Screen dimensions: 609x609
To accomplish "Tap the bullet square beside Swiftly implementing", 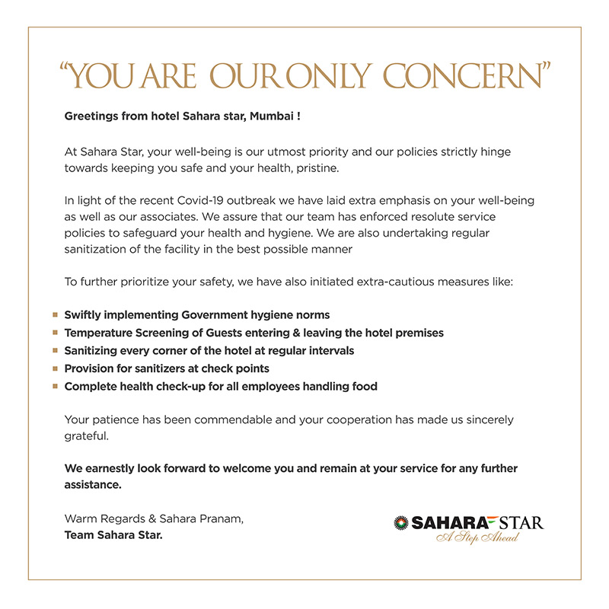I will point(55,314).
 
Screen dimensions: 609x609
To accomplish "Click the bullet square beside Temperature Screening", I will point(55,333).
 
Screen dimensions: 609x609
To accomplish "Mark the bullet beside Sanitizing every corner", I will point(55,351).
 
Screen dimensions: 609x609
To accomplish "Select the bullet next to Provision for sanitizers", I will point(55,368).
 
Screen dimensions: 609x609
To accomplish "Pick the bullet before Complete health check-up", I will point(55,387).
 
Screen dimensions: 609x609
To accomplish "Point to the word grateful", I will point(87,438).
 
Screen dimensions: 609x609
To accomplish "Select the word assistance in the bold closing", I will point(93,483).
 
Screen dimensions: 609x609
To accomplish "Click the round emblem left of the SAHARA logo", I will point(401,522).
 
